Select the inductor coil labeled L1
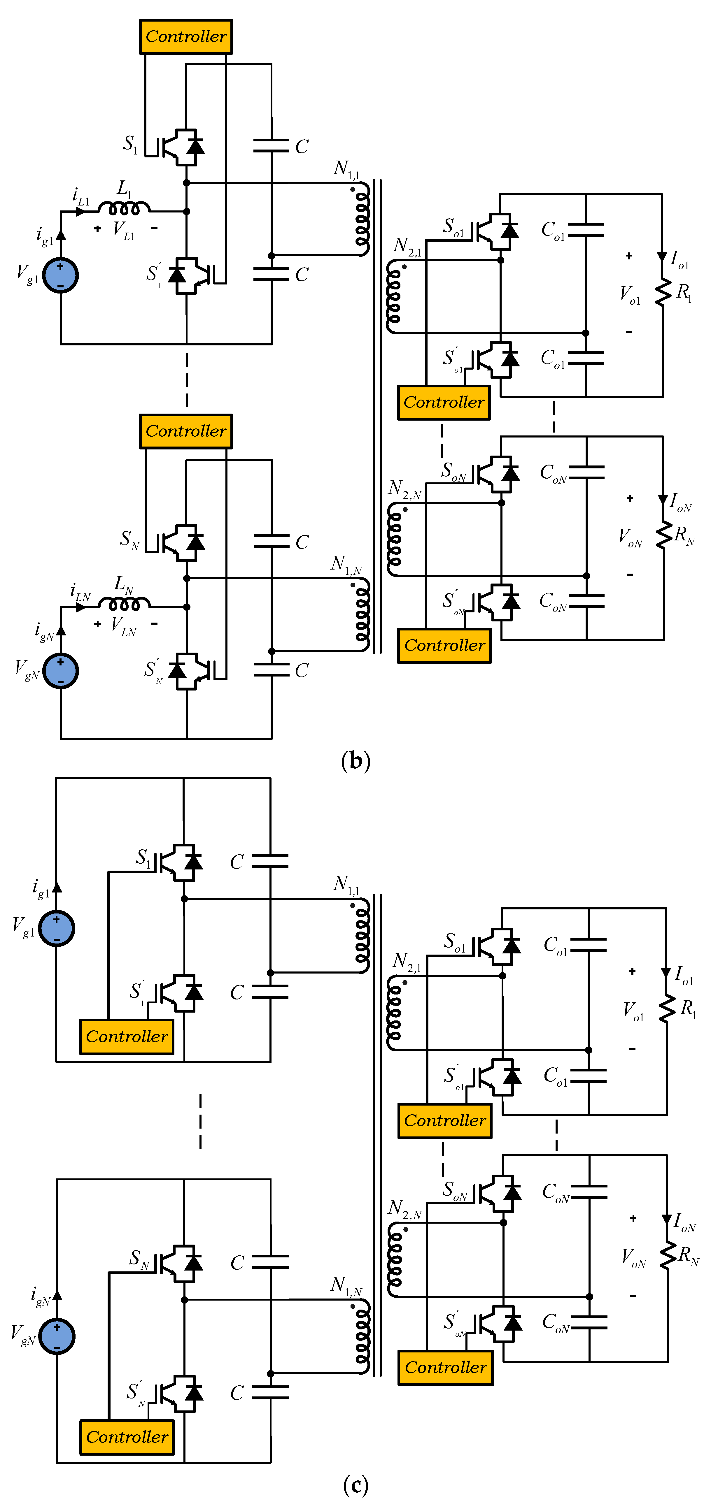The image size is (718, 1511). point(124,208)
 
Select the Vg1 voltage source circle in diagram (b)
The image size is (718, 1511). point(60,275)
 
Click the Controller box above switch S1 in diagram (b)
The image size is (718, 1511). point(185,36)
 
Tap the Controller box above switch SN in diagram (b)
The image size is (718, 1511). point(185,431)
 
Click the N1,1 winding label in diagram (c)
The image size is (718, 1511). point(346,885)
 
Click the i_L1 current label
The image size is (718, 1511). point(80,196)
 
